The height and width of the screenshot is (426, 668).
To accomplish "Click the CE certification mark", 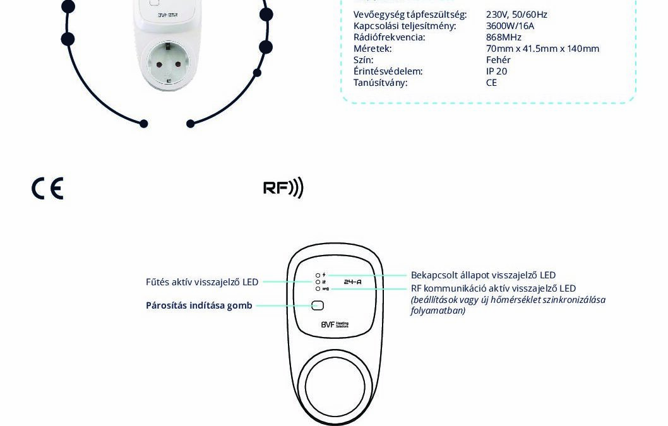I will (x=47, y=189).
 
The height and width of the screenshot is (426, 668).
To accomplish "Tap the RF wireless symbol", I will (x=283, y=187).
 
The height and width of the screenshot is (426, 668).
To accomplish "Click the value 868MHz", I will (x=503, y=37).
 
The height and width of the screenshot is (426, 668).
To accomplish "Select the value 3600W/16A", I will (x=510, y=26).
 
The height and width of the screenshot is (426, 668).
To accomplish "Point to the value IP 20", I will (x=496, y=71).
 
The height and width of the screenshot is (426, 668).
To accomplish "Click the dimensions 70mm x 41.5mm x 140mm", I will (x=542, y=49).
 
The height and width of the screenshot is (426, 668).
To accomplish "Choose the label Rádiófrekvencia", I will (x=389, y=37).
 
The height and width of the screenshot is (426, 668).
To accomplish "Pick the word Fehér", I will (x=498, y=60).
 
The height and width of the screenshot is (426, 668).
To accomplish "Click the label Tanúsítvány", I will (x=380, y=83).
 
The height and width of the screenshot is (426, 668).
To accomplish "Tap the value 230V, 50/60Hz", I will (x=516, y=15).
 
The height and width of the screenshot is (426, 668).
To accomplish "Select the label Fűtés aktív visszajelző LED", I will (x=202, y=282).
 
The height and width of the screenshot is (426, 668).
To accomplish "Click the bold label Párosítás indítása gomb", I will (x=199, y=305).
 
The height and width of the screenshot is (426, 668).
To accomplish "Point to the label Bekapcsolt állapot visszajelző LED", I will (x=483, y=275).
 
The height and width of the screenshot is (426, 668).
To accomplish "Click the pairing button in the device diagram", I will (x=318, y=305).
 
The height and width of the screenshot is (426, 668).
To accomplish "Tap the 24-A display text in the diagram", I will (x=352, y=281).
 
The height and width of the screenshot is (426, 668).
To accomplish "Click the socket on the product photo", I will (x=168, y=62).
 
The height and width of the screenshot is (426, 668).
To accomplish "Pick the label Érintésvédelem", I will (x=388, y=71).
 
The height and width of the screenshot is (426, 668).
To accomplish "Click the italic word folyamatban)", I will (x=438, y=311).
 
